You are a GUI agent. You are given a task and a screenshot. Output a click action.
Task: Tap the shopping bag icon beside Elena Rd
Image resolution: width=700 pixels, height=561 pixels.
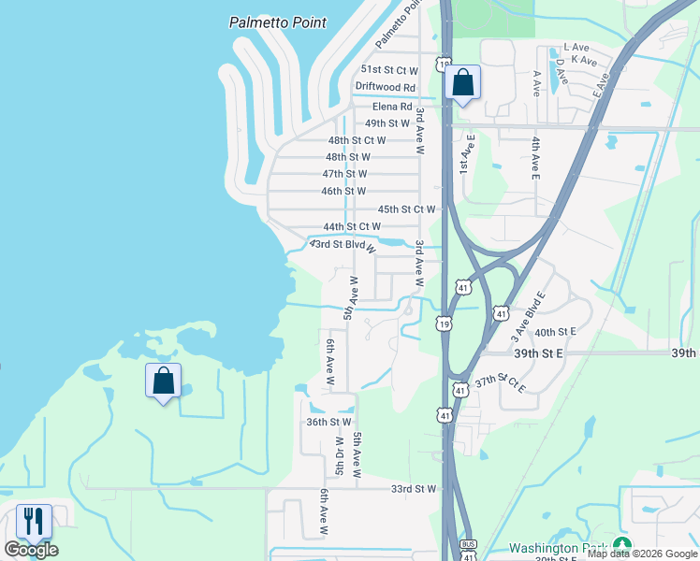pyautogui.click(x=462, y=82)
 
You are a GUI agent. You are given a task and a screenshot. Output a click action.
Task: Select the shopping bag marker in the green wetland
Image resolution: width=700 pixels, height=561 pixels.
pyautogui.click(x=163, y=381)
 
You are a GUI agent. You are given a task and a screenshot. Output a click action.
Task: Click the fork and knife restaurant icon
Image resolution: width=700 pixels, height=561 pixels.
pyautogui.click(x=35, y=521)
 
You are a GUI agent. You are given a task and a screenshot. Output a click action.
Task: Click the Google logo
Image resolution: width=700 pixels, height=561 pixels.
pyautogui.click(x=31, y=550)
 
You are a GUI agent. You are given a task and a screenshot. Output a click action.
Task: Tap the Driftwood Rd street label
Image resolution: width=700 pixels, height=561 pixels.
pyautogui.click(x=385, y=87)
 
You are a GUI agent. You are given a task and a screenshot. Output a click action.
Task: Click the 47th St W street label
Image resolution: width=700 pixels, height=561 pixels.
pyautogui.click(x=344, y=174)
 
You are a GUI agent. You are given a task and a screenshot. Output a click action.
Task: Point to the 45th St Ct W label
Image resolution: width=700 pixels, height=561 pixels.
pyautogui.click(x=406, y=209)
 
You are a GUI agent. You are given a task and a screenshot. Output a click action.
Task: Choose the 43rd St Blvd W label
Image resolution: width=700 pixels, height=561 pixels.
pyautogui.click(x=343, y=245)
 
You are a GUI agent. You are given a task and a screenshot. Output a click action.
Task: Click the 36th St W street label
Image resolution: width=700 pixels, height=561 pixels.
pyautogui.click(x=328, y=422)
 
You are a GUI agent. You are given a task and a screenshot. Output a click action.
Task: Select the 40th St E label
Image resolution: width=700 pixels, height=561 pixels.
pyautogui.click(x=555, y=332)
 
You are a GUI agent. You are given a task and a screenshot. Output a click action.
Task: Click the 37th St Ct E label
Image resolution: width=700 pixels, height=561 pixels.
pyautogui.click(x=501, y=381)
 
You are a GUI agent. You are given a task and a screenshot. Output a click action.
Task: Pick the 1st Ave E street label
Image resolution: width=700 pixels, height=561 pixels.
pyautogui.click(x=463, y=151)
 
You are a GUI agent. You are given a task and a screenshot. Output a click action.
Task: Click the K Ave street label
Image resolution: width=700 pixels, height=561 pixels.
pyautogui.click(x=584, y=61)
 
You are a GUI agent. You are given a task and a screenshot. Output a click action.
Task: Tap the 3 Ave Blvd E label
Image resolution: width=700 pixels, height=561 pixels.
pyautogui.click(x=526, y=312)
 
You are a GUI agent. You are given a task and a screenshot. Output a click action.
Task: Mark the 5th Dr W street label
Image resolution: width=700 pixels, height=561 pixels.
pyautogui.click(x=341, y=455)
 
